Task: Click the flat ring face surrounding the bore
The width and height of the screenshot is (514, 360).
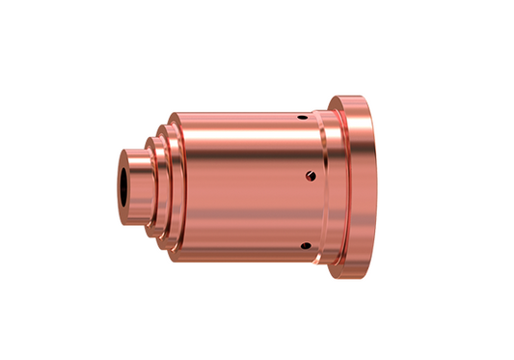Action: pos(122,183)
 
